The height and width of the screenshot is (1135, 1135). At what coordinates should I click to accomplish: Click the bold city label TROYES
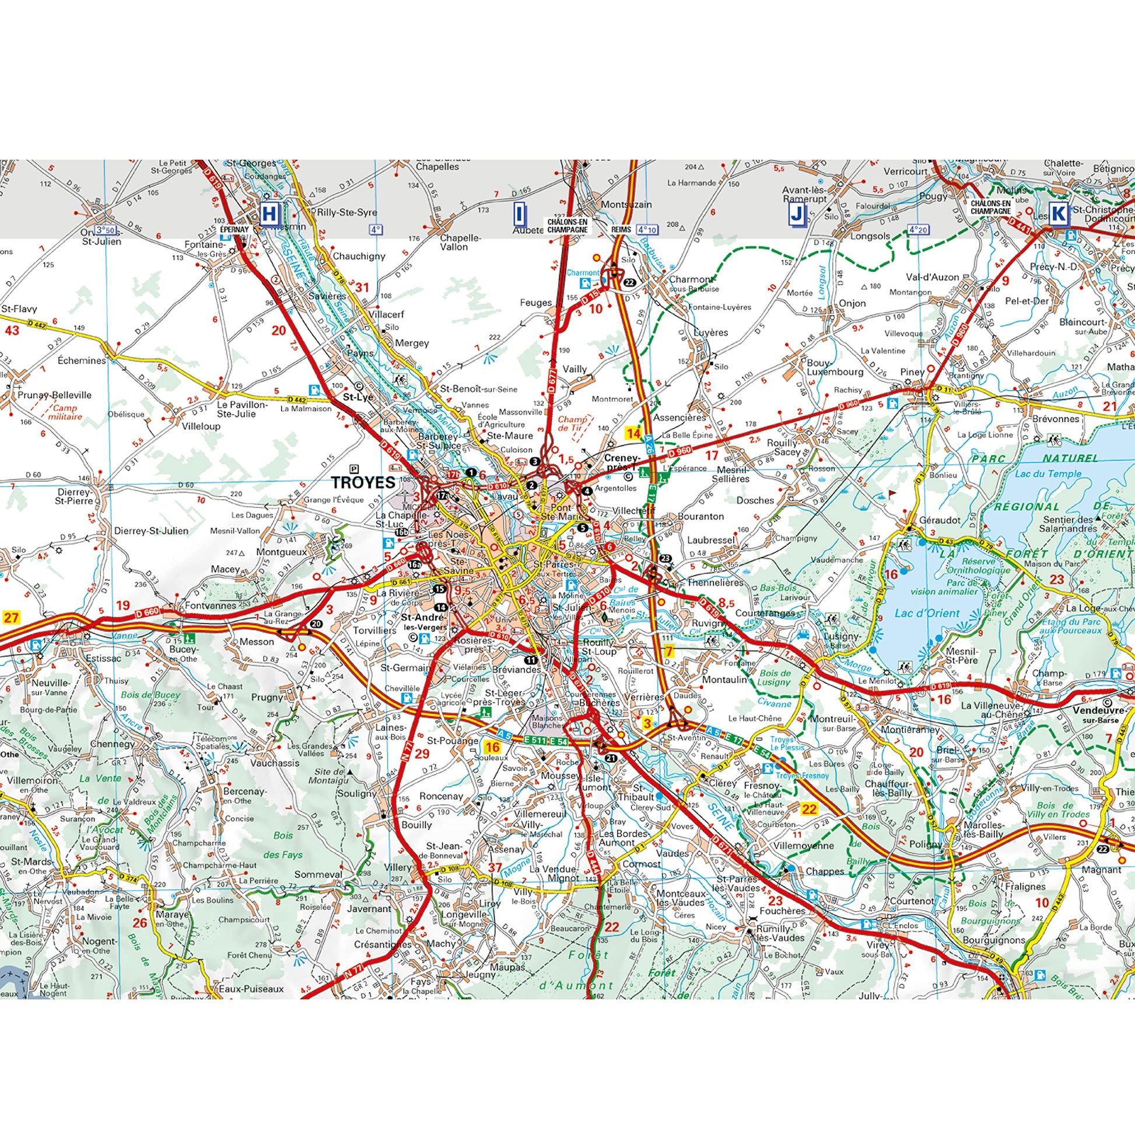[363, 482]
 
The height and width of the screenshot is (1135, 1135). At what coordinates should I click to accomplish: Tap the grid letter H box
[269, 214]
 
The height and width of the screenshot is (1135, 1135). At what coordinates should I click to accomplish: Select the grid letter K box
[1058, 214]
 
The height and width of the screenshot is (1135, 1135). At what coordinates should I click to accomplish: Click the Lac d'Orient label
[926, 614]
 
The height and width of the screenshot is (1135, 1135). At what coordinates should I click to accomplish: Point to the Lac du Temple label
[1048, 474]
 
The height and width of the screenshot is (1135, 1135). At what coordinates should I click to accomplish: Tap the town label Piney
[912, 372]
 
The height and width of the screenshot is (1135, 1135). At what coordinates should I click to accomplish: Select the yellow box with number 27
[11, 618]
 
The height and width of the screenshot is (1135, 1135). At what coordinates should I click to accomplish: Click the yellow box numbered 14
[633, 433]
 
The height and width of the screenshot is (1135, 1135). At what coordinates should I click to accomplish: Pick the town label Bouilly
[416, 825]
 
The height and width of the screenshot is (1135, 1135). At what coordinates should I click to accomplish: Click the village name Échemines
[82, 360]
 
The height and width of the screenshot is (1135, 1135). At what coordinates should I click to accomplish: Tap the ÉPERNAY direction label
[235, 229]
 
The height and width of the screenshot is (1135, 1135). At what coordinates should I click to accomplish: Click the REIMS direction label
[621, 230]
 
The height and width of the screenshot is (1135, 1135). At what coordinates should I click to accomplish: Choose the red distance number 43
[12, 331]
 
